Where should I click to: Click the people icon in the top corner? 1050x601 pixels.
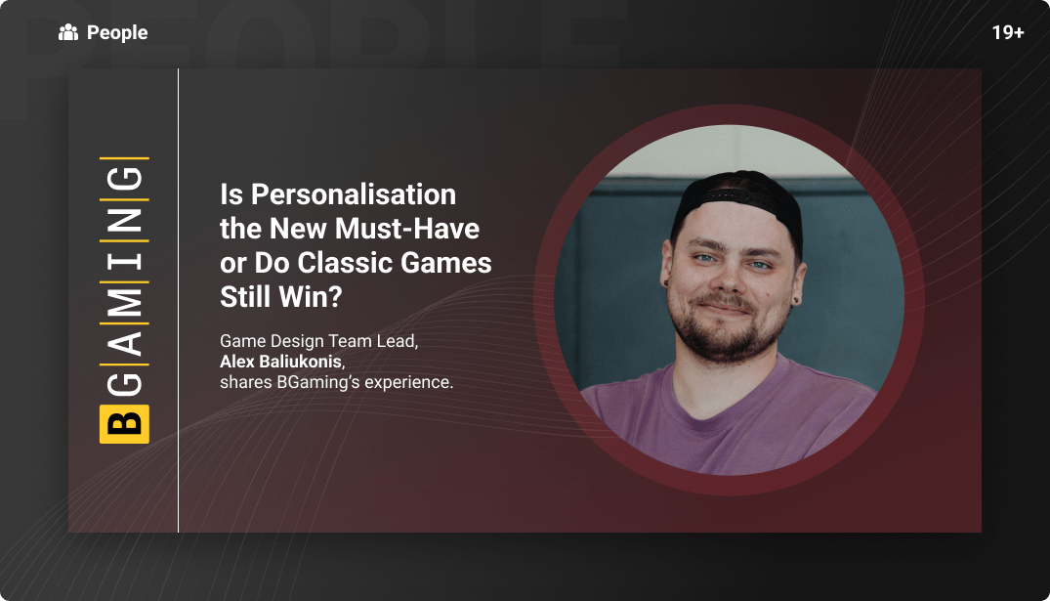(x=68, y=33)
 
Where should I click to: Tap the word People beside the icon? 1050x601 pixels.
(x=117, y=33)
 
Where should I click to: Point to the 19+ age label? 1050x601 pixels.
(x=1007, y=33)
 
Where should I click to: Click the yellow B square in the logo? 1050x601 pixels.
(x=124, y=422)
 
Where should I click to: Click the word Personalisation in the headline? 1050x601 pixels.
(x=354, y=194)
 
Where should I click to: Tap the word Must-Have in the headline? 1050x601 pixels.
(x=407, y=229)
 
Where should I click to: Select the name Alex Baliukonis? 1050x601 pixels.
(x=281, y=362)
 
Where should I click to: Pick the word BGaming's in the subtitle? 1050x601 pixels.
(x=317, y=382)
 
